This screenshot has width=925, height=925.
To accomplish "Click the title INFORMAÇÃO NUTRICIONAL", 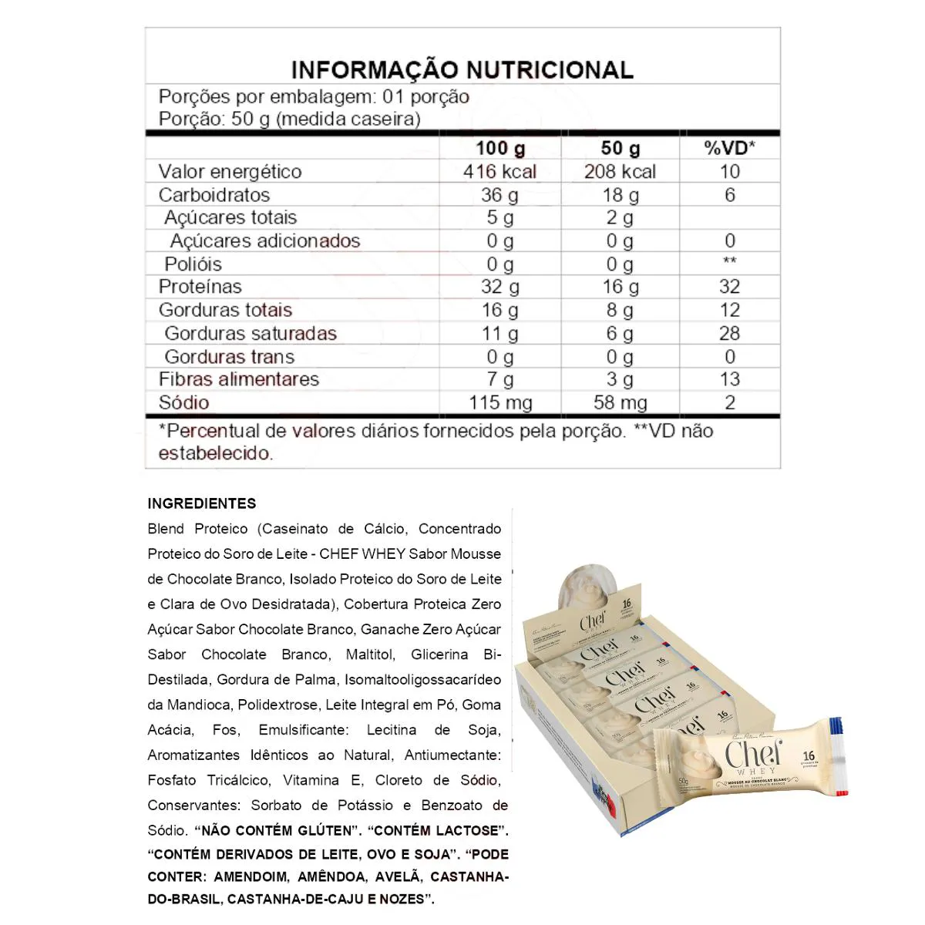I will tap(462, 69).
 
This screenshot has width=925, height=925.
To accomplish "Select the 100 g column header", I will tap(499, 148).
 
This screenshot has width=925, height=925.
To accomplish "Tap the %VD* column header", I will tap(729, 148).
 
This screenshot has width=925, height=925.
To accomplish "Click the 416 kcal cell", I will tap(499, 171).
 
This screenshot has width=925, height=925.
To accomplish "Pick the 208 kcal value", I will tap(620, 171).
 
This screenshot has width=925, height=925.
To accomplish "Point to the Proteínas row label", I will tap(200, 287).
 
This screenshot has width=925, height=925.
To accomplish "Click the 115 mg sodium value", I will tap(500, 402).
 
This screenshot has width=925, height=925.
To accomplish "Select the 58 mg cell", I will tap(620, 402).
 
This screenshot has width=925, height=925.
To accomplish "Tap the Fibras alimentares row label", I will tap(239, 379).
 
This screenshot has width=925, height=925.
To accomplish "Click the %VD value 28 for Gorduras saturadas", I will tap(729, 333).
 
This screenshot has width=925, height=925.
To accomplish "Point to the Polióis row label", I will tap(193, 264).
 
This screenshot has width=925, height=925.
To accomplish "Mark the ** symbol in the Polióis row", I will tap(729, 261).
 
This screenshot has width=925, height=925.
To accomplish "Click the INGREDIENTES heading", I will tap(202, 503).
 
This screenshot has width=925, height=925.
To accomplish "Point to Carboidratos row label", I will tap(214, 194).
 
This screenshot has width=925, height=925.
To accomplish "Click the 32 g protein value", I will tap(499, 287).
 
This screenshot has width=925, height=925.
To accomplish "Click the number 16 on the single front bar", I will tap(809, 756).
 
